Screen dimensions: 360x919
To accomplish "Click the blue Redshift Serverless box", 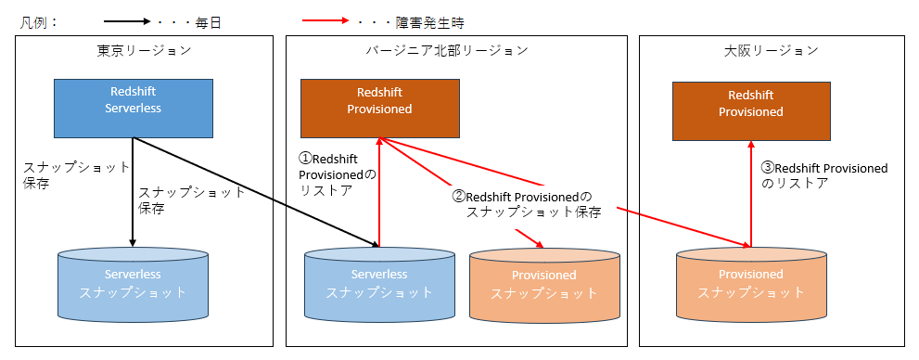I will pyautogui.click(x=134, y=101).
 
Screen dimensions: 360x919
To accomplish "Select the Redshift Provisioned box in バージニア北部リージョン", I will pyautogui.click(x=379, y=101).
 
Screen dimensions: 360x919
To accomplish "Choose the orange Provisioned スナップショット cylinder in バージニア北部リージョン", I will pyautogui.click(x=543, y=282).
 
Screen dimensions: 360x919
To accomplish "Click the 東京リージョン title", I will pyautogui.click(x=144, y=50).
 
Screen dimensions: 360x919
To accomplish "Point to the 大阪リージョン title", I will pyautogui.click(x=771, y=50).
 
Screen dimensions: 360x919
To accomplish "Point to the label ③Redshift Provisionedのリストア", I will pyautogui.click(x=823, y=175).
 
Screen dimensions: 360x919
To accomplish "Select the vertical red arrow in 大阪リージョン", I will pyautogui.click(x=750, y=194).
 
